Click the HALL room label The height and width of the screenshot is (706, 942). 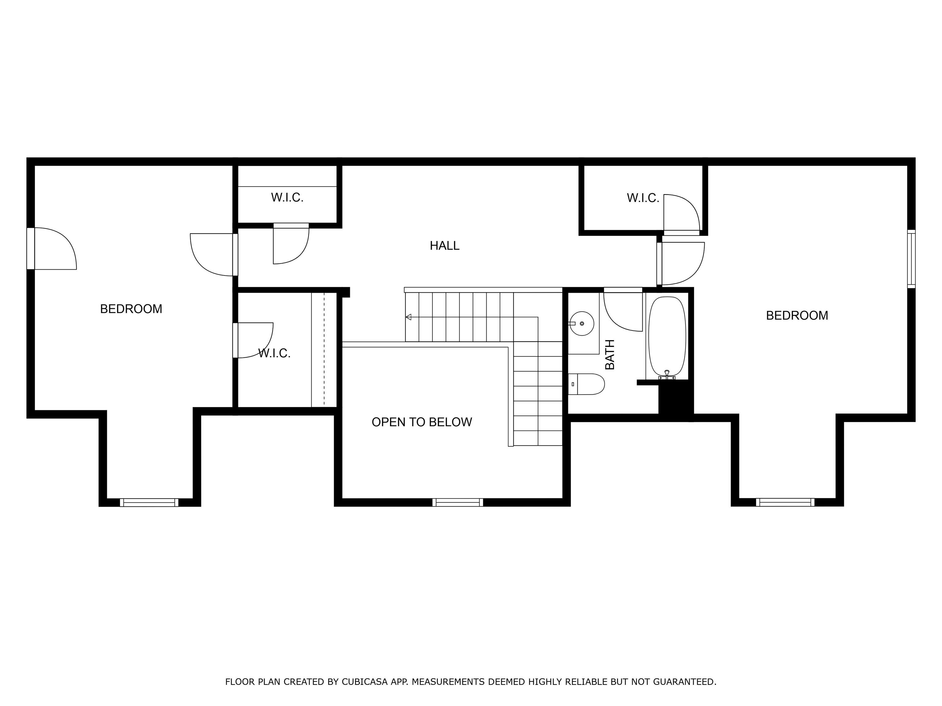click(444, 245)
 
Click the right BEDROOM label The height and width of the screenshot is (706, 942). click(797, 315)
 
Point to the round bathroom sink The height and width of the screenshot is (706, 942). click(582, 323)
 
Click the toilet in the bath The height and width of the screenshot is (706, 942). click(588, 384)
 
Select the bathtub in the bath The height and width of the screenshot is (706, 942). click(667, 336)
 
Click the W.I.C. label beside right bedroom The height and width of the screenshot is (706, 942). click(643, 198)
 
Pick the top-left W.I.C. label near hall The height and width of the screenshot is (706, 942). click(287, 197)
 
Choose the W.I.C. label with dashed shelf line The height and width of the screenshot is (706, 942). click(274, 353)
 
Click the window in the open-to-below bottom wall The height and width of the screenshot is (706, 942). click(458, 502)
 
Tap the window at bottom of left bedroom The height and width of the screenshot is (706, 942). click(149, 502)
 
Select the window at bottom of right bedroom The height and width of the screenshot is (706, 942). click(785, 502)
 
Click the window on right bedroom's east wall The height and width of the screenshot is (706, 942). click(911, 259)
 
